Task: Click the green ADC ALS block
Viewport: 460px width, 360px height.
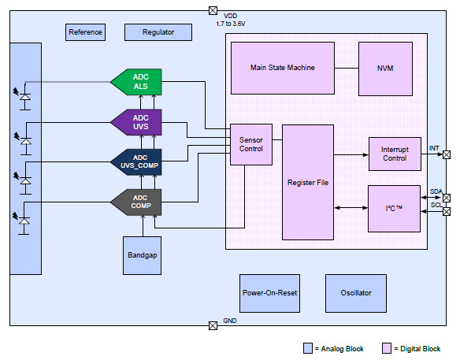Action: coord(136,82)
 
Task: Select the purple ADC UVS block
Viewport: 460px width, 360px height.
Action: coord(136,122)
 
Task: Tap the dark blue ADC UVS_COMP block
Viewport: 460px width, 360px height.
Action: coord(136,162)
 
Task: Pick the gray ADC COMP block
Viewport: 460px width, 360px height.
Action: coord(136,202)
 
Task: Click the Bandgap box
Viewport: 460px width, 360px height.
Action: coord(142,255)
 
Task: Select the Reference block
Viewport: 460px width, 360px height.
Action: coord(85,32)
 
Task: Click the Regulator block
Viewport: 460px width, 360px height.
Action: coord(158,32)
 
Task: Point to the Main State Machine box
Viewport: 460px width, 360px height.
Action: coord(283,68)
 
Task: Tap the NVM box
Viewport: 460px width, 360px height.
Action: coord(385,69)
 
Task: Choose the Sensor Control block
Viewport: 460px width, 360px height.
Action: coord(251,144)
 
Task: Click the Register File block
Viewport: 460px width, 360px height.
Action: coord(308,183)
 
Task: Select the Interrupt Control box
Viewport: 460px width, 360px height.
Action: coord(395,154)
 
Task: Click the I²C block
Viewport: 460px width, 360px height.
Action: coord(394,209)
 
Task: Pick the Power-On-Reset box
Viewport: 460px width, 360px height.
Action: coord(269,293)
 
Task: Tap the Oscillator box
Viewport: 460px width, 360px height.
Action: coord(356,293)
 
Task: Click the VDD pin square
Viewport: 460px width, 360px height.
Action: coord(213,10)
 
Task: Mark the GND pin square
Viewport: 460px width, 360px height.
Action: coord(213,325)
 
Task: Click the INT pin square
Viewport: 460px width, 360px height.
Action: coord(447,154)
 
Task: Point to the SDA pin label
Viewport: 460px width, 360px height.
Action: coord(436,191)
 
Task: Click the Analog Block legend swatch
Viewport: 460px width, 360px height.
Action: coord(308,348)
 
